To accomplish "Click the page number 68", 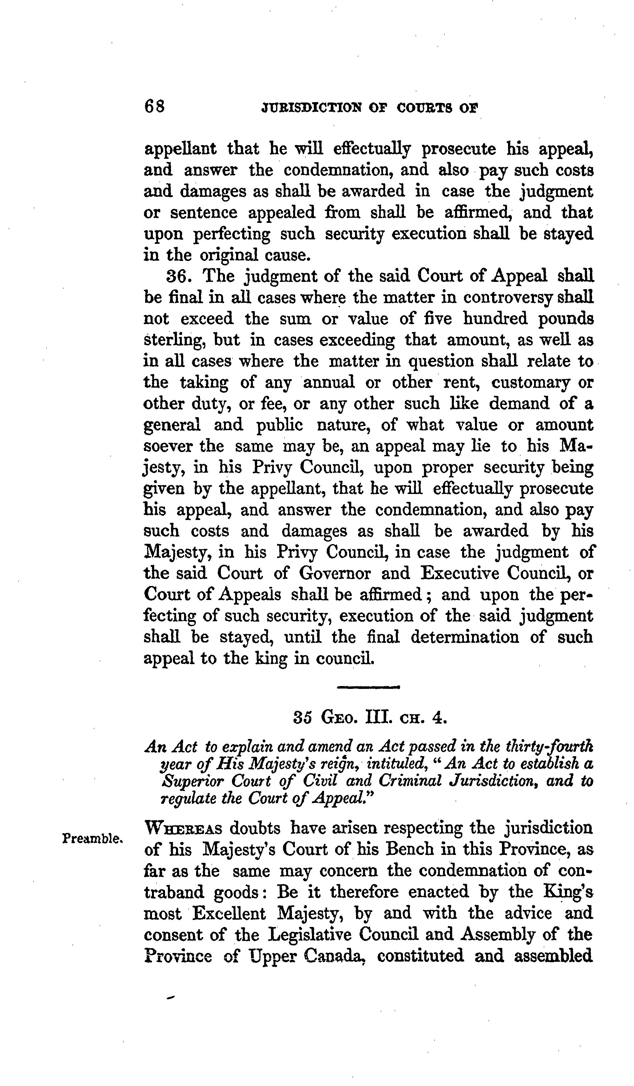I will (x=155, y=106).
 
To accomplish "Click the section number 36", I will (x=179, y=276).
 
